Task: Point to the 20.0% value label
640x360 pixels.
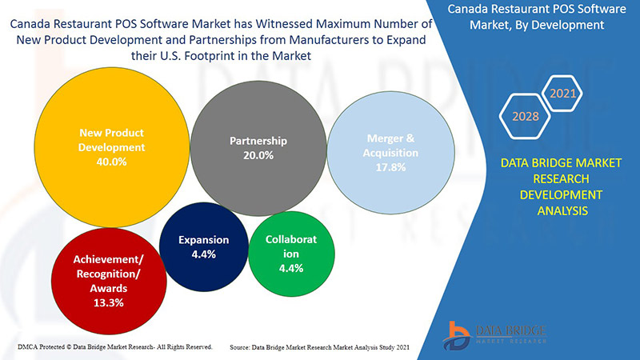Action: pyautogui.click(x=258, y=155)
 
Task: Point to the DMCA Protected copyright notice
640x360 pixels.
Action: pyautogui.click(x=114, y=346)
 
